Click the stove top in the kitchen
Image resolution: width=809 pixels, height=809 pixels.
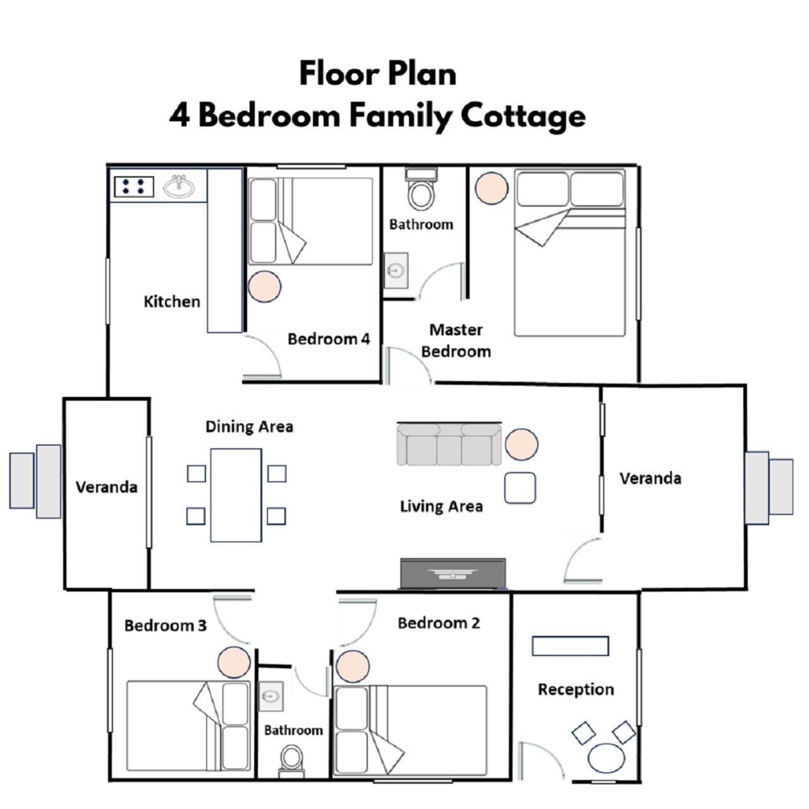[x=134, y=186]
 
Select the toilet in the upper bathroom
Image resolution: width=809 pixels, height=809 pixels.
[x=421, y=189]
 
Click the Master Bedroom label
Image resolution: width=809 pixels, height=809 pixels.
[x=456, y=341]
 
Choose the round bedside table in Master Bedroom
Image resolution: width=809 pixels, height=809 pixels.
[x=492, y=188]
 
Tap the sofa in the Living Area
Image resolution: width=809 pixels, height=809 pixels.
[x=449, y=444]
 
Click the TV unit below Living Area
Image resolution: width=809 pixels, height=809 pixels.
[x=453, y=573]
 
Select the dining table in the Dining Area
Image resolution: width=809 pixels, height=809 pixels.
[x=236, y=496]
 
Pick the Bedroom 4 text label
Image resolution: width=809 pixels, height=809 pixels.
[x=329, y=339]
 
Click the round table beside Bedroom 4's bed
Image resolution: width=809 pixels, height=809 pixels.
[x=264, y=287]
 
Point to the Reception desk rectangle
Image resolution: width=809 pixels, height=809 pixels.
[x=570, y=646]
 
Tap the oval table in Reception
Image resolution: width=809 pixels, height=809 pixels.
[x=606, y=758]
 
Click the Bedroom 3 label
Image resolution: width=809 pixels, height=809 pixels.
[x=166, y=626]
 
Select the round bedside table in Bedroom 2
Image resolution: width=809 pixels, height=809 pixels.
[x=353, y=667]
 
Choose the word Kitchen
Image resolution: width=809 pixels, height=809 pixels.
[x=172, y=301]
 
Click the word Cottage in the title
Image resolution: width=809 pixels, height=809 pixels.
[x=523, y=116]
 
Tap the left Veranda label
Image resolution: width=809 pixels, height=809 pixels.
[x=106, y=487]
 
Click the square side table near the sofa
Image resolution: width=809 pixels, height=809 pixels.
[x=520, y=488]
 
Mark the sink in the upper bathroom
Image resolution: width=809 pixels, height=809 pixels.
[x=396, y=271]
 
